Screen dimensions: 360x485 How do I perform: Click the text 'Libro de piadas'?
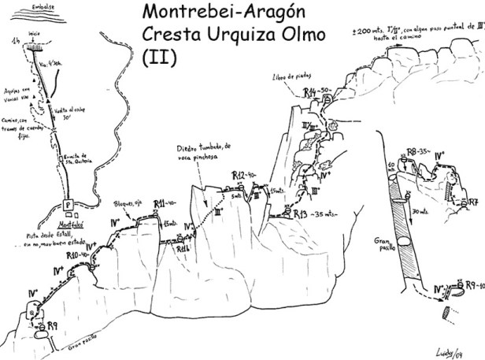[x=287, y=76]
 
